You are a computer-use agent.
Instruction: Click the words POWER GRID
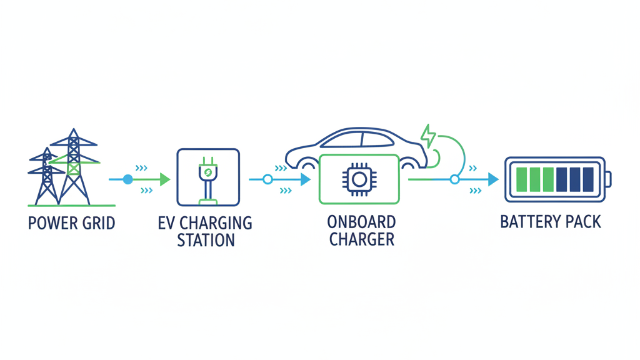pyautogui.click(x=71, y=223)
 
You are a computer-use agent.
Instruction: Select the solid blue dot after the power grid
pyautogui.click(x=128, y=179)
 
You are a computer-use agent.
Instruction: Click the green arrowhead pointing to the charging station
pyautogui.click(x=164, y=179)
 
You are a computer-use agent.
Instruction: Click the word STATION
pyautogui.click(x=206, y=240)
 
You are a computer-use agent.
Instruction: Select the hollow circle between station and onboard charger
pyautogui.click(x=267, y=179)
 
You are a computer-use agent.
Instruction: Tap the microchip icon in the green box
pyautogui.click(x=358, y=179)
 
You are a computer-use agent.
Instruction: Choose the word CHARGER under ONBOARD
pyautogui.click(x=361, y=240)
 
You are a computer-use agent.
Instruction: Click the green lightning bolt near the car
pyautogui.click(x=429, y=136)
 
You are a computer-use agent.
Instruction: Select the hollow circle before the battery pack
pyautogui.click(x=454, y=179)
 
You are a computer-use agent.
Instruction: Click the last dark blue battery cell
pyautogui.click(x=587, y=179)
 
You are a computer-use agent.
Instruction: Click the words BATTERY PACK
pyautogui.click(x=551, y=222)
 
